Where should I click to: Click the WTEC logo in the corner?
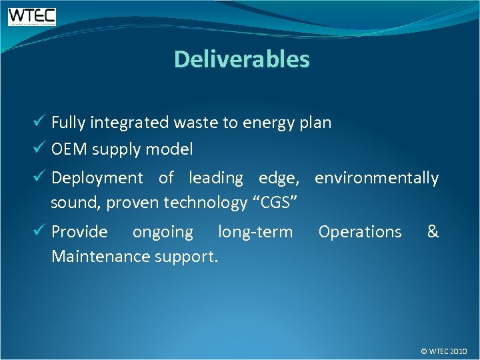pyautogui.click(x=32, y=17)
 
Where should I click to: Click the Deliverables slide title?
pyautogui.click(x=241, y=59)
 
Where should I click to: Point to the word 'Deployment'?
pyautogui.click(x=97, y=179)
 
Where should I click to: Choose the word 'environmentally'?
pyautogui.click(x=377, y=179)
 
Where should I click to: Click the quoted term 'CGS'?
pyautogui.click(x=273, y=203)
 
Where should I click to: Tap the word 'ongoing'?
pyautogui.click(x=163, y=233)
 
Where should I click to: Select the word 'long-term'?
pyautogui.click(x=255, y=233)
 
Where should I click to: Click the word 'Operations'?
pyautogui.click(x=360, y=232)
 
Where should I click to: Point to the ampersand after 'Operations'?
pyautogui.click(x=433, y=231)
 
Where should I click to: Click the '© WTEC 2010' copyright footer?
pyautogui.click(x=444, y=351)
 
